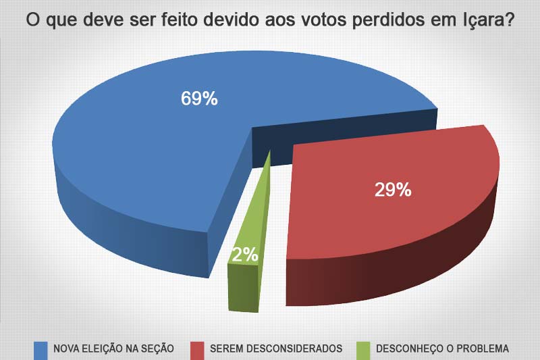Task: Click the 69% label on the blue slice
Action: [x=199, y=99]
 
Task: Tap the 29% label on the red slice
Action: [x=393, y=190]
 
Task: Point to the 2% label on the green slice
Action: [x=244, y=255]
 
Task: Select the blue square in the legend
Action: [x=41, y=349]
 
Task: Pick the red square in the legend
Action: [x=197, y=349]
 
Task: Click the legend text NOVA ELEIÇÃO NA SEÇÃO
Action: [x=114, y=349]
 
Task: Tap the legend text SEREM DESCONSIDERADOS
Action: [x=276, y=349]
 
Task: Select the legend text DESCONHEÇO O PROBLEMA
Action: [x=442, y=349]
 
